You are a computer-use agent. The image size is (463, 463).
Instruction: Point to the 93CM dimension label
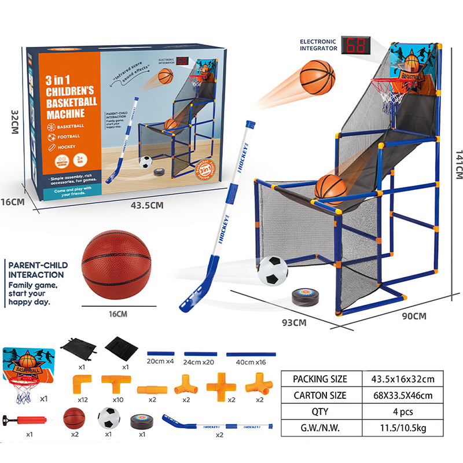(295, 323)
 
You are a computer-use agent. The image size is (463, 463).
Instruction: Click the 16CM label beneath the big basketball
(117, 314)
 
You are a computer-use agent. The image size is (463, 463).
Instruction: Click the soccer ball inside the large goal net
(272, 270)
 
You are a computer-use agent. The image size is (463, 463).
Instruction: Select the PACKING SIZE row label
(320, 379)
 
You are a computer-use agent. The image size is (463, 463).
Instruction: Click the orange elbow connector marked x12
(82, 384)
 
